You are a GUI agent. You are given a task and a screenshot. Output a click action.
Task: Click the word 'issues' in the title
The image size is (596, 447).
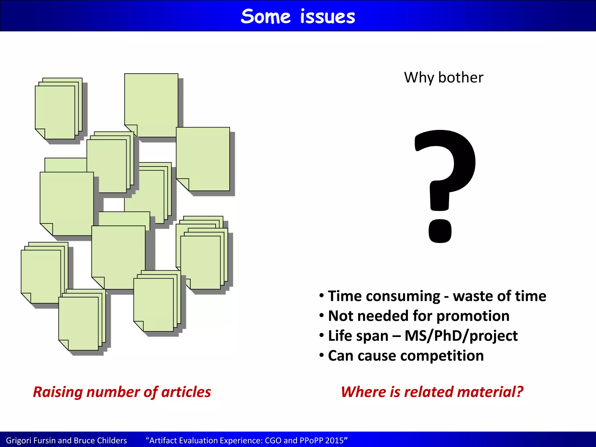327,17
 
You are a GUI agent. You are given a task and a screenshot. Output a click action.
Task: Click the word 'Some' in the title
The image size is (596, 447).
265,17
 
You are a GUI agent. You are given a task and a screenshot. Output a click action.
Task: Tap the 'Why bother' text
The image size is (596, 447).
444,78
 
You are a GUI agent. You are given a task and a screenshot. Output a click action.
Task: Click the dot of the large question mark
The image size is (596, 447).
440,231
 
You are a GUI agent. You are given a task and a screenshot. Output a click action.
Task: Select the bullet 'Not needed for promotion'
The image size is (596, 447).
418,316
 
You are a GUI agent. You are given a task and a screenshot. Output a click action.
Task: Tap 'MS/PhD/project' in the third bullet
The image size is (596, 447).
461,336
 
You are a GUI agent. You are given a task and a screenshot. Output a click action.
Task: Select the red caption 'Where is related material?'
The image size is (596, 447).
432,392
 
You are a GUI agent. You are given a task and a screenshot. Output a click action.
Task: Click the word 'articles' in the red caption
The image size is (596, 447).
186,392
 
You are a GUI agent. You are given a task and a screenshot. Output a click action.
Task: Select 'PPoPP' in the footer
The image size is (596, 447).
309,441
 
